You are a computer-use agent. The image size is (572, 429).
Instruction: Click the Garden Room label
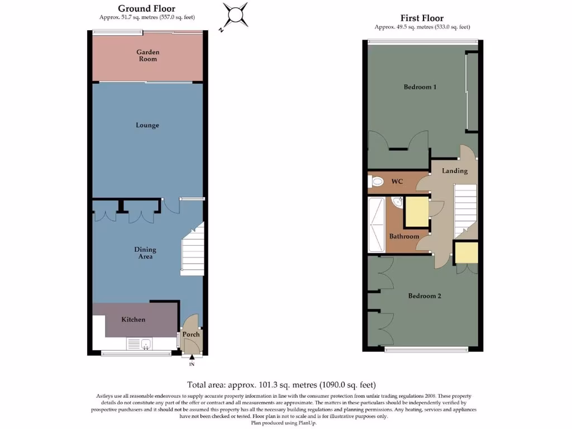[x=148, y=55]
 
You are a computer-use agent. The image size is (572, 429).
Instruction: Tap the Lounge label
[x=147, y=125]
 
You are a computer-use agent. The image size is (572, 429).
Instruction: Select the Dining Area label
[x=145, y=253]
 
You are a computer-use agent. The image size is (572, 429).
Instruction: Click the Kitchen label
[x=134, y=320]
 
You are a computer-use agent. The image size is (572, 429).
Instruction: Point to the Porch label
[x=192, y=335]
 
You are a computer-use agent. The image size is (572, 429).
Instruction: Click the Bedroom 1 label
[x=420, y=87]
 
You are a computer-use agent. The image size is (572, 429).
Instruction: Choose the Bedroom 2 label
[x=425, y=295]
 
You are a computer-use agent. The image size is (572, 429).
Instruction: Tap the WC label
[x=397, y=182]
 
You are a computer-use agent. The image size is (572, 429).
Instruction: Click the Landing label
[x=455, y=170]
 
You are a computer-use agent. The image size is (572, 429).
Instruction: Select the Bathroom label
[x=404, y=236]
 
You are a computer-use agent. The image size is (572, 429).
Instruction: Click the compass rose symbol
[x=235, y=14]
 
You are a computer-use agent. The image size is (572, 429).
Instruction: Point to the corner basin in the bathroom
[x=398, y=202]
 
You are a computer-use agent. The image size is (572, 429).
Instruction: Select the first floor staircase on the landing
[x=465, y=212]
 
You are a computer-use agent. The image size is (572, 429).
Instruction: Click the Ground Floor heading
[x=146, y=8]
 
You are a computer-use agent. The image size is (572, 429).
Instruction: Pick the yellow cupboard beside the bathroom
[x=416, y=212]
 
